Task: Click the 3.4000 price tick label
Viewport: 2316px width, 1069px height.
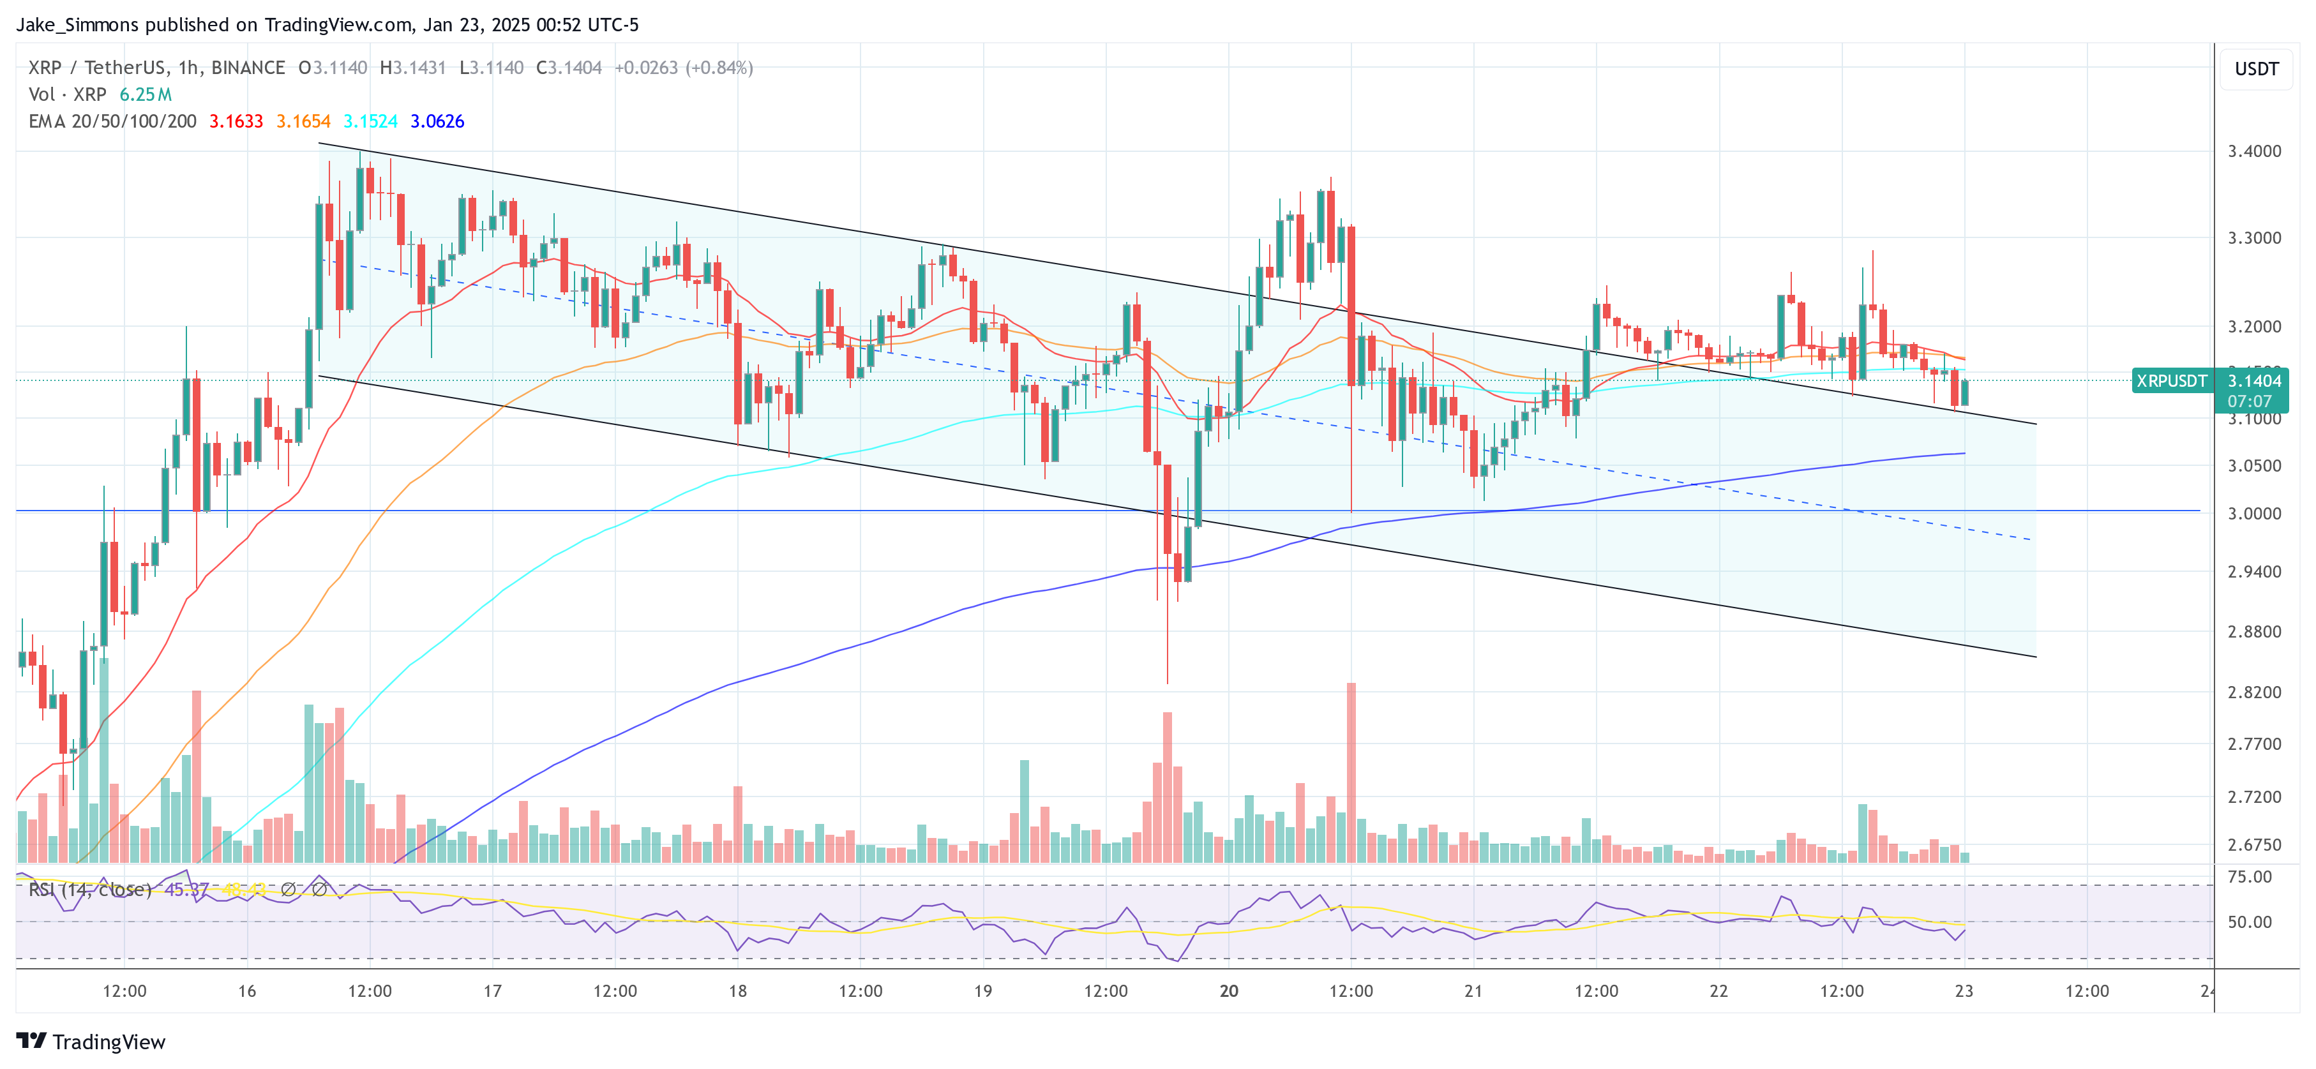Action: tap(2254, 151)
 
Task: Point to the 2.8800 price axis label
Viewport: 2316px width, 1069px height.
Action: tap(2254, 632)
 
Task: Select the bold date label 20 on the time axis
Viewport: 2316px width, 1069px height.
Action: tap(1228, 991)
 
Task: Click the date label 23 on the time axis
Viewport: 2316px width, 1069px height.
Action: tap(1964, 991)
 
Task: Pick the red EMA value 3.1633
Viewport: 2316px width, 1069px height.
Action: tap(236, 121)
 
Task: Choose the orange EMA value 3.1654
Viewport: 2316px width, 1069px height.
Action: tap(303, 121)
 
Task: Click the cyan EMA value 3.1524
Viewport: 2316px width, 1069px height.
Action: tap(370, 121)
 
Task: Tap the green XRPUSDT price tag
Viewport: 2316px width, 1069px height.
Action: tap(2171, 381)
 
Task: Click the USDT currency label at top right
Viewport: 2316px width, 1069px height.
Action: tap(2256, 69)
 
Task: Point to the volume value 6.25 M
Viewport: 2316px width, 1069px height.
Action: tap(146, 94)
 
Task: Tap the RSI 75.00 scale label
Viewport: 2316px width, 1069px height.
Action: tap(2250, 877)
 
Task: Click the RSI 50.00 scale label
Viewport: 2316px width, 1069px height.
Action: tap(2250, 922)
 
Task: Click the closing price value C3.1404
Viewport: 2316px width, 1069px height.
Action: tap(569, 68)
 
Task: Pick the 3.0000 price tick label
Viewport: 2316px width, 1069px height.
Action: tap(2254, 513)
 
